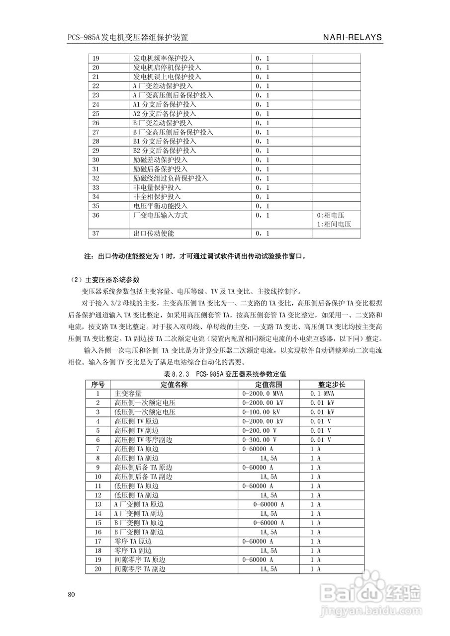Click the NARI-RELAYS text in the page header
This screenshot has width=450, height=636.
(x=352, y=37)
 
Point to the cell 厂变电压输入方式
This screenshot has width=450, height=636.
(x=160, y=216)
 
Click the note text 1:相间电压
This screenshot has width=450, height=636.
(x=334, y=225)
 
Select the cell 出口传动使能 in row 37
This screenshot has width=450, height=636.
(x=154, y=234)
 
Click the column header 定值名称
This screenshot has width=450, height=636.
(x=174, y=384)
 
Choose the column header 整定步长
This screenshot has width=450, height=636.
(x=332, y=384)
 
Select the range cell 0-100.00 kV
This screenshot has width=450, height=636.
(x=261, y=412)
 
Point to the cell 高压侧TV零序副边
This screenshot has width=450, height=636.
(x=143, y=440)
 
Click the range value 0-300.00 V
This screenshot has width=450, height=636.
(x=259, y=440)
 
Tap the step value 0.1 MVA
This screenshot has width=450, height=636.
(x=322, y=394)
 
